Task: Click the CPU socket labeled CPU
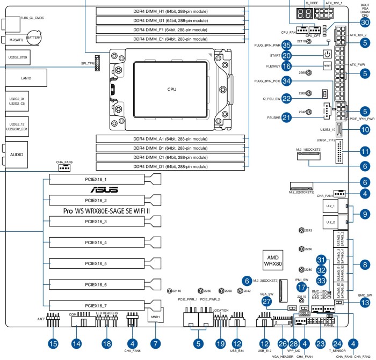171,89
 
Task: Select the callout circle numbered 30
365,23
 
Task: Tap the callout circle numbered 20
287,55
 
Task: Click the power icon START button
327,55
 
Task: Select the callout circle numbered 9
365,214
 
